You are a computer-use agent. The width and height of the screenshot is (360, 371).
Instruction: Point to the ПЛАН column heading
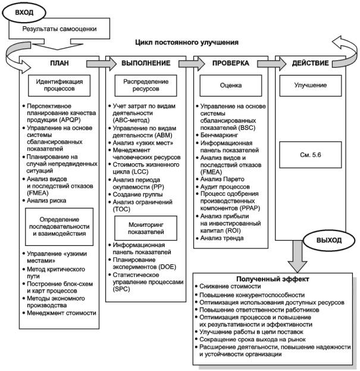[x=57, y=63]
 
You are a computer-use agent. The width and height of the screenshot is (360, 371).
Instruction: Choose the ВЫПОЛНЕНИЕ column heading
[x=146, y=63]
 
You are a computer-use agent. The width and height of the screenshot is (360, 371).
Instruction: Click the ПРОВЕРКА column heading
[x=231, y=63]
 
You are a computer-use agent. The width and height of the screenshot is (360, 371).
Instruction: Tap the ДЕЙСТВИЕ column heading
[x=314, y=63]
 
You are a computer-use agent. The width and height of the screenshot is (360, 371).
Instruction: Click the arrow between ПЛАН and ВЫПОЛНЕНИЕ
[x=95, y=63]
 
